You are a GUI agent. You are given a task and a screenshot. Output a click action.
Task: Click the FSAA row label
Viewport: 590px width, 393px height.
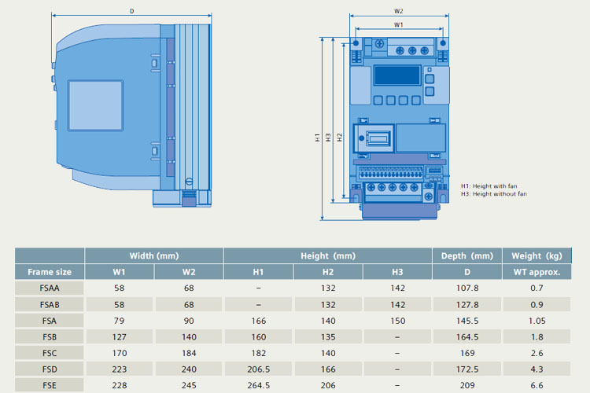point(50,288)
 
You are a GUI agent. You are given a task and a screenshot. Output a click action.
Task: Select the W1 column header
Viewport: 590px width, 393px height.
point(120,272)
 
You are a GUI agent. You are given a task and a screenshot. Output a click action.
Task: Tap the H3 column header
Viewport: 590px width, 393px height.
point(397,272)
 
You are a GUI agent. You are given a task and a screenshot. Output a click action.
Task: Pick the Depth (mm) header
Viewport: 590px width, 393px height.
point(466,255)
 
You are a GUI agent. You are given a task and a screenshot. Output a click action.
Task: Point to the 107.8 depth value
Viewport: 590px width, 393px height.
point(466,288)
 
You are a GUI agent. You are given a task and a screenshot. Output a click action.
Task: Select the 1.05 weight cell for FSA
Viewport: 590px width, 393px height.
point(537,321)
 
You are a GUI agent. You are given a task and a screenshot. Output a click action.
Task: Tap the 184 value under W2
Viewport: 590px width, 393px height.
point(189,353)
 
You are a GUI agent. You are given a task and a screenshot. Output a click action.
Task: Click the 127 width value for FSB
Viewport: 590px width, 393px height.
point(120,336)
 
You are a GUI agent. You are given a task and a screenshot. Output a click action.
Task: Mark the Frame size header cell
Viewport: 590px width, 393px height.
point(50,272)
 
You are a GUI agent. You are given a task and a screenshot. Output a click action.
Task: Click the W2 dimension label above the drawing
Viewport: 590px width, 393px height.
point(399,11)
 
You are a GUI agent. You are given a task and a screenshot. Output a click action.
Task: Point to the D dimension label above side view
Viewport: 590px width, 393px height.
point(131,11)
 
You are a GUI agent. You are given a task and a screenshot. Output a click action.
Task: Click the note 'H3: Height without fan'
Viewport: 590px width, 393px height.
point(494,193)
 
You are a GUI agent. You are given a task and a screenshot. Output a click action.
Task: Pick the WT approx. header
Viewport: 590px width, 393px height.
point(537,272)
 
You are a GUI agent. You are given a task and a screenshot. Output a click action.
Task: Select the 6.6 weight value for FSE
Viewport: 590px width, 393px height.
point(537,385)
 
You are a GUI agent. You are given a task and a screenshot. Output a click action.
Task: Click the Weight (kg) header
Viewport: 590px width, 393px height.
point(537,255)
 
